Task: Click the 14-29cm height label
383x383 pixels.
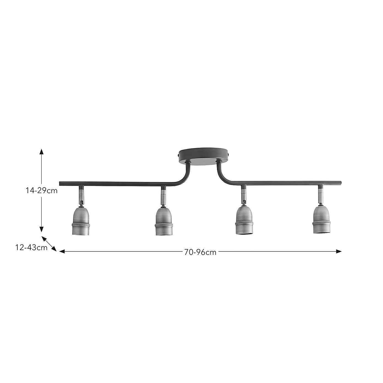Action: coord(42,191)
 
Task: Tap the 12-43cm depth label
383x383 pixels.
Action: coord(31,248)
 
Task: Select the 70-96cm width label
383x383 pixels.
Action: coord(200,252)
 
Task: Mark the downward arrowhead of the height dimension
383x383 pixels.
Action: coord(41,229)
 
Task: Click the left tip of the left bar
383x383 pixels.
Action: coord(60,183)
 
